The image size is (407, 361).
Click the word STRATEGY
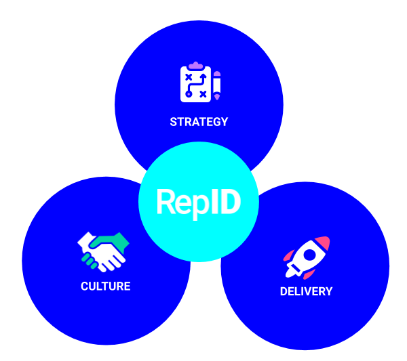199,123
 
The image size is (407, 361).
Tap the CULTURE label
105,286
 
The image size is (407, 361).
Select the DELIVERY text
306,292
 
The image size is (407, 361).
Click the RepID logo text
198,202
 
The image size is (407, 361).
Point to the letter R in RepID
166,202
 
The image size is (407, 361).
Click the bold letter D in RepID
229,202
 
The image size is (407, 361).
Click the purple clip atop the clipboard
196,66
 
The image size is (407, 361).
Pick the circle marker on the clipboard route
189,93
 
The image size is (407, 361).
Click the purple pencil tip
217,97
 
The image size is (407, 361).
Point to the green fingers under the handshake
88,259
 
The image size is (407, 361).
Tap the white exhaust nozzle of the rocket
292,274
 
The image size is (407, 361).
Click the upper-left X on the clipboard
189,77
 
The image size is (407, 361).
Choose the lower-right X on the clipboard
203,94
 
